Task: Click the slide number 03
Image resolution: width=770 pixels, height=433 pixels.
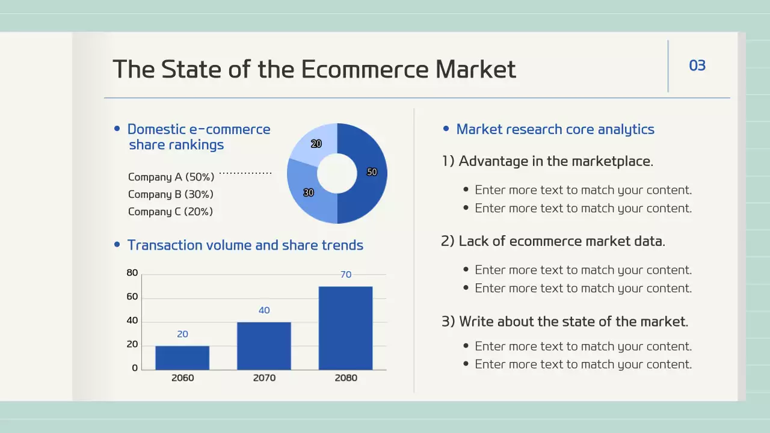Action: point(697,66)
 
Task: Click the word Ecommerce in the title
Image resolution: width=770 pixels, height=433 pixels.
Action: point(365,69)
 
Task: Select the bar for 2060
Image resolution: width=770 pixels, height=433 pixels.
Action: point(182,358)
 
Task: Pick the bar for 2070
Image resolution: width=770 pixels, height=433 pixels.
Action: point(264,346)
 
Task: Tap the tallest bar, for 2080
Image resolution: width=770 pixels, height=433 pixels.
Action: point(345,328)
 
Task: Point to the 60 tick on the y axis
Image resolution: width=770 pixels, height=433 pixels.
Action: point(132,296)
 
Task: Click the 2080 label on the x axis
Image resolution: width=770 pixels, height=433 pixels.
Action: point(346,378)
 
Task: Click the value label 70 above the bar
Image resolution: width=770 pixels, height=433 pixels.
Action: point(346,275)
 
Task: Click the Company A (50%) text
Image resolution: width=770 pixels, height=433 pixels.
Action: point(171,177)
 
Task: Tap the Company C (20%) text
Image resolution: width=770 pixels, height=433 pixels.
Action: point(170,212)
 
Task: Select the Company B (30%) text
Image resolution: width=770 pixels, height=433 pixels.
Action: point(170,194)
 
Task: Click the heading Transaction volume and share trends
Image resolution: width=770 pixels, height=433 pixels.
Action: point(245,245)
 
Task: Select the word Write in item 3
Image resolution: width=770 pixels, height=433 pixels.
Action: point(476,322)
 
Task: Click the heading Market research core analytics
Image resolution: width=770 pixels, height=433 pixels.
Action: point(555,129)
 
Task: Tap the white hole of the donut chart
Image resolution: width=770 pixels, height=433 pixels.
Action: point(337,174)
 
